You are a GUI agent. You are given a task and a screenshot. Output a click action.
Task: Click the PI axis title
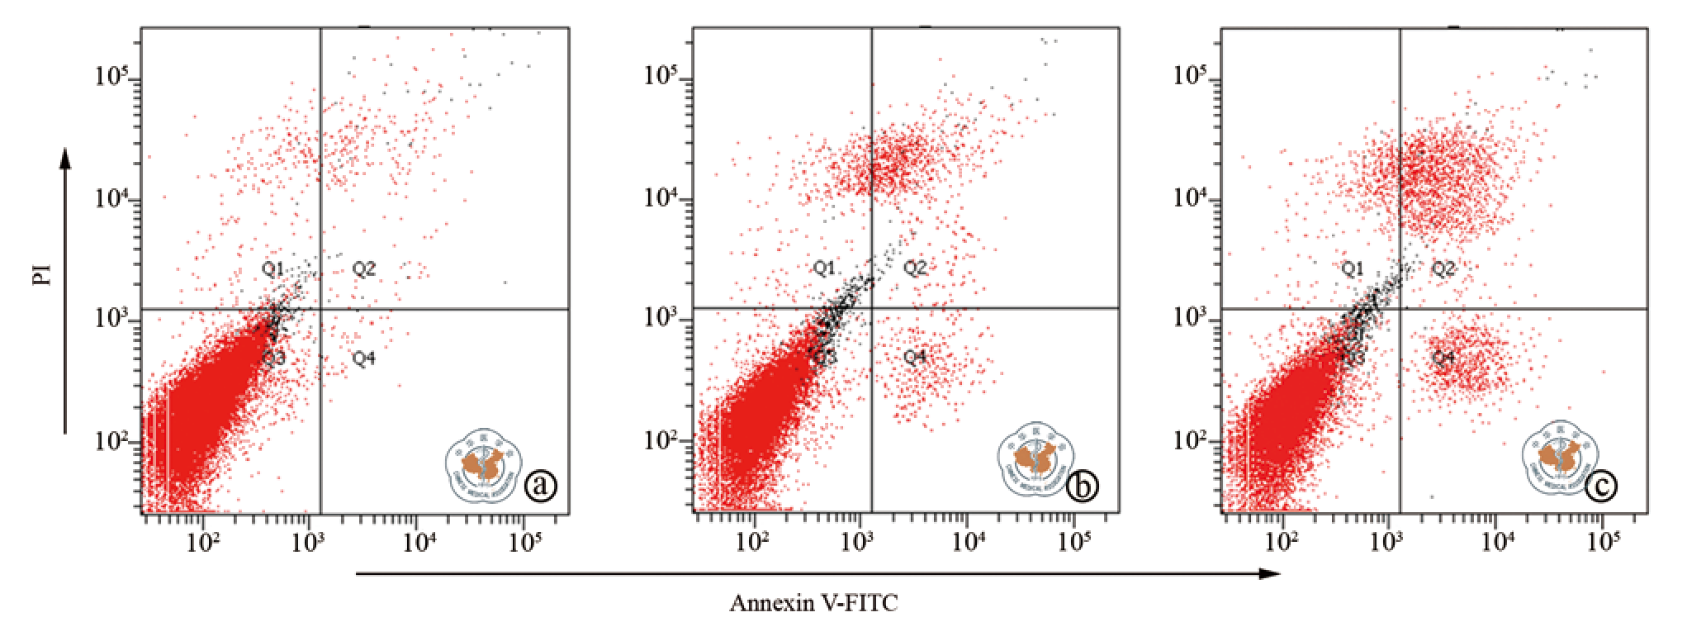click(41, 274)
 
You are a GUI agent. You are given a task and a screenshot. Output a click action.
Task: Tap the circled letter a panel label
click(541, 486)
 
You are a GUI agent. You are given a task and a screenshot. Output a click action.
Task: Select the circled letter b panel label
click(1082, 486)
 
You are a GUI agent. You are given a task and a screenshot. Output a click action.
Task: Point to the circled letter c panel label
click(1601, 486)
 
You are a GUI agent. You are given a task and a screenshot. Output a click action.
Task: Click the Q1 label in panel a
click(272, 268)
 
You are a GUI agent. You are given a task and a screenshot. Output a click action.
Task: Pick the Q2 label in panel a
click(364, 268)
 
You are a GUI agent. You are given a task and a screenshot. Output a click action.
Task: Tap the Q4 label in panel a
click(364, 358)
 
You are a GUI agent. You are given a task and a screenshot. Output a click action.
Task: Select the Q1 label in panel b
click(824, 268)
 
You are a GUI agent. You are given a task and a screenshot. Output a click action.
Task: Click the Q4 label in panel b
click(915, 357)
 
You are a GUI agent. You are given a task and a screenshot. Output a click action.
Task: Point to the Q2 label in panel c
click(1443, 268)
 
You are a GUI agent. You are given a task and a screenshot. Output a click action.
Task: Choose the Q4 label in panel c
click(1443, 358)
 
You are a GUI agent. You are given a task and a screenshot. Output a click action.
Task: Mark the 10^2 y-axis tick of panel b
click(661, 440)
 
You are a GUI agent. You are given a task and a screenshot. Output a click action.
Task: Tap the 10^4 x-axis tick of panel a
click(419, 543)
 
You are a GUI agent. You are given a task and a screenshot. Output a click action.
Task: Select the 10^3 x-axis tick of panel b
click(858, 543)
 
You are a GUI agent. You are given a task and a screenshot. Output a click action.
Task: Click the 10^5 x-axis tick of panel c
click(1604, 543)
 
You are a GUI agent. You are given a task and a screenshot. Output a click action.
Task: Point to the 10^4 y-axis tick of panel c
click(1191, 198)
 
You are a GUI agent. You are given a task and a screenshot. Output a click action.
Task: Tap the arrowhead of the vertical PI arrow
click(65, 157)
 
